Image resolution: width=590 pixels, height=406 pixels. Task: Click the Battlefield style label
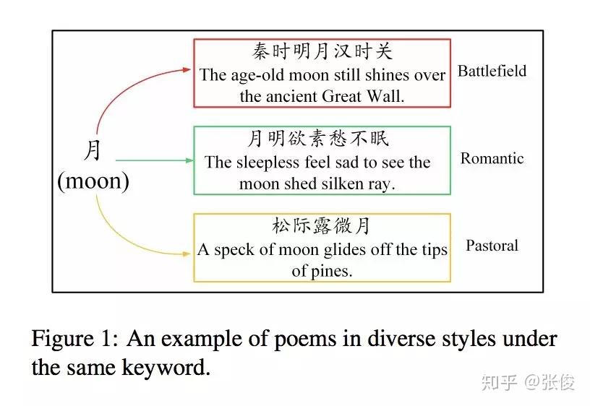tap(492, 72)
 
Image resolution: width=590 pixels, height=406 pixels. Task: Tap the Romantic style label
tap(492, 159)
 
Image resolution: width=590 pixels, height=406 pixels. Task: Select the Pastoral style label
tap(492, 246)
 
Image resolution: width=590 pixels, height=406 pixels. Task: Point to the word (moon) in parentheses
tap(93, 181)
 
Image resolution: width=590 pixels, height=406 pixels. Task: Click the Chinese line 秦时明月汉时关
tap(322, 52)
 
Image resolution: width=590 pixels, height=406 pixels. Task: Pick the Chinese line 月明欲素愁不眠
tap(322, 139)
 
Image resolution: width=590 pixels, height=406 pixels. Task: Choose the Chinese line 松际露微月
tap(322, 226)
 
